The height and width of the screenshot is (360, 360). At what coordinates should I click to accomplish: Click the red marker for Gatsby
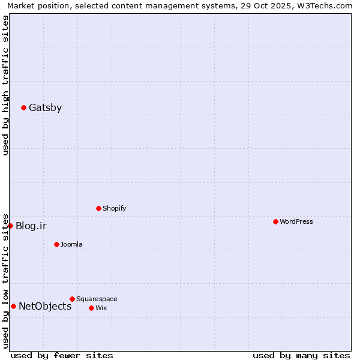coord(23,107)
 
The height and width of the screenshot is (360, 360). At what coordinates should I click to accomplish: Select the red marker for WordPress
coord(275,221)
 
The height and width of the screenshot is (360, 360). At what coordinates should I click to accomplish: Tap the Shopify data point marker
coord(98,208)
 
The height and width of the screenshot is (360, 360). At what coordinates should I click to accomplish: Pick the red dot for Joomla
coord(56,244)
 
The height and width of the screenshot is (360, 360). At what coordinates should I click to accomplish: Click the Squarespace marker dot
coord(72,299)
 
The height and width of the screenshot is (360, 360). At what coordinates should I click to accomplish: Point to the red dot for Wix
coord(91,308)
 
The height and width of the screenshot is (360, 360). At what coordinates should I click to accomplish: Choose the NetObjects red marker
coord(13,306)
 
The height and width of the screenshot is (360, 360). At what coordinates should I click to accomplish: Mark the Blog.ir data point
coord(10,226)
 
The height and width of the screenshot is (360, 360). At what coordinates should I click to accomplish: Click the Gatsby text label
coord(45,108)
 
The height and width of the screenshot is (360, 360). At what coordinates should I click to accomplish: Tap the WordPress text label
coord(296,221)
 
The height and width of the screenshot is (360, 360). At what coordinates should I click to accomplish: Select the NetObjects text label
coord(45,307)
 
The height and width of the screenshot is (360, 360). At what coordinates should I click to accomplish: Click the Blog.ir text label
coord(31,226)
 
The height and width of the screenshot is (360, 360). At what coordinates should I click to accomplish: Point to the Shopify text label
coord(115,208)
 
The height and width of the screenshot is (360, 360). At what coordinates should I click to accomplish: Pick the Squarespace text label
coord(97,299)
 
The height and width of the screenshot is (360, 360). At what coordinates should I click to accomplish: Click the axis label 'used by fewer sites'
coord(62,355)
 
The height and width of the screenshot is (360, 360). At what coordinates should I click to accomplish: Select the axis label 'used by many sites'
coord(301,355)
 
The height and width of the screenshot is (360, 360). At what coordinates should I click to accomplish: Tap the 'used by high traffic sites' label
coord(5,85)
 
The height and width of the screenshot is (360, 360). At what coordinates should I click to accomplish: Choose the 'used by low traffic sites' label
coord(5,281)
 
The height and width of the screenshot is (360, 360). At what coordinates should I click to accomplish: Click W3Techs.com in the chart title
coord(325,5)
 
